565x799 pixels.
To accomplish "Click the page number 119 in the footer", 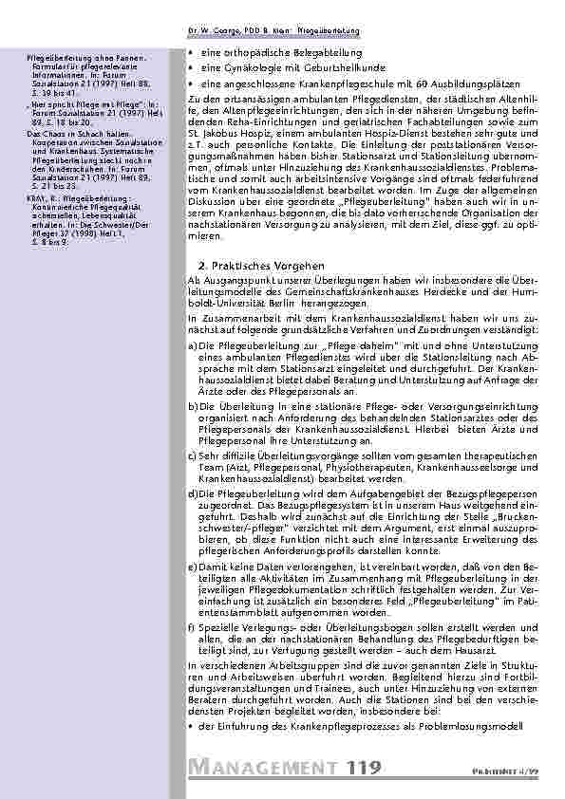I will pyautogui.click(x=366, y=766).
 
